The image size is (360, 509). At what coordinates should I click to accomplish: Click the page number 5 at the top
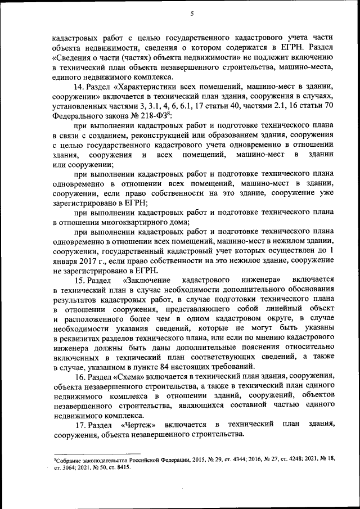[191, 13]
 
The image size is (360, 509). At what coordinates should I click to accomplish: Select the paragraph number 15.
[79, 279]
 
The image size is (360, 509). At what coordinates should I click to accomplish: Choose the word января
[66, 259]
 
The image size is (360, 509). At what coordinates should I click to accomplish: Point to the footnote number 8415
[121, 467]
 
